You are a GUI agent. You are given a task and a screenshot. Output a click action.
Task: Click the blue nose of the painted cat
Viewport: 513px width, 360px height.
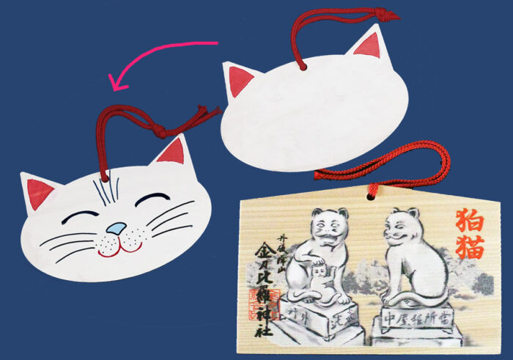(x=116, y=229)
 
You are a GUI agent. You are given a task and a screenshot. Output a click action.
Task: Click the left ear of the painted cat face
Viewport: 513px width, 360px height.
(x=40, y=193)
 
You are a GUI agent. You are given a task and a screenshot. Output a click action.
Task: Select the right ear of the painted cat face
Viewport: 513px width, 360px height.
(x=171, y=152)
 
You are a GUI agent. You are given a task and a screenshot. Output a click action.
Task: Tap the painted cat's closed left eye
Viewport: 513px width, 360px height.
(x=84, y=215)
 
